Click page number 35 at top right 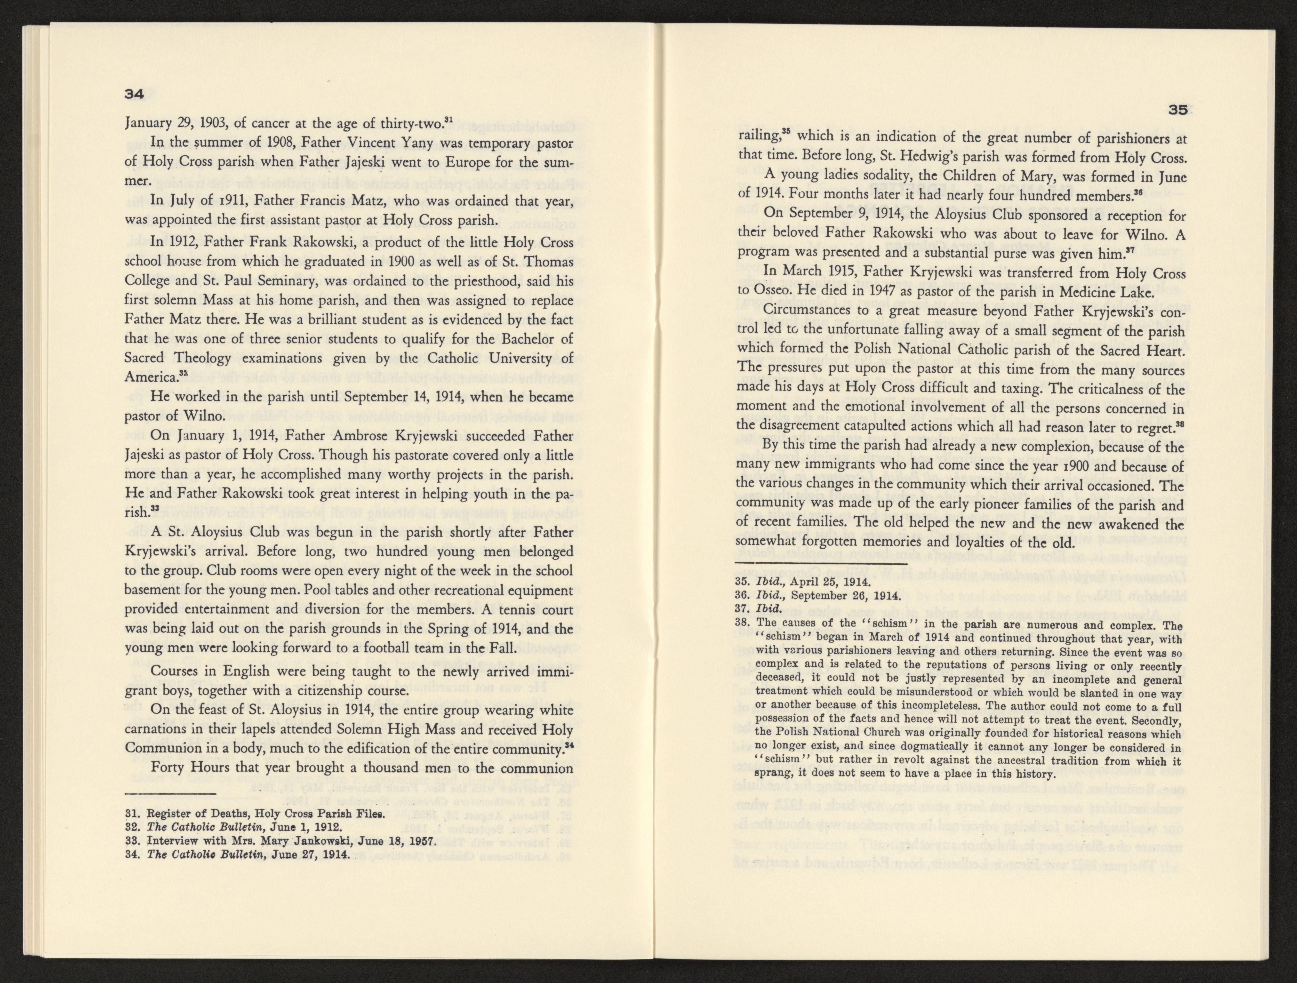pyautogui.click(x=1177, y=126)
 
